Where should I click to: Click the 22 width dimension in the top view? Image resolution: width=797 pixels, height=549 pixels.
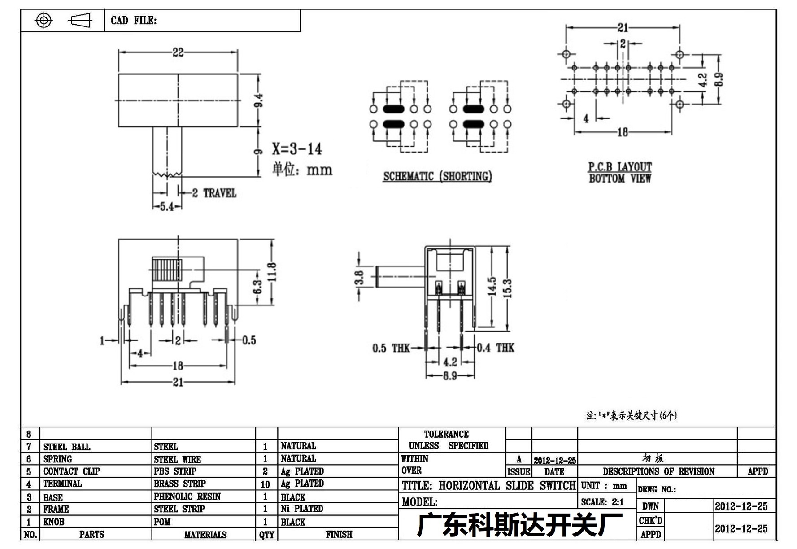pyautogui.click(x=178, y=52)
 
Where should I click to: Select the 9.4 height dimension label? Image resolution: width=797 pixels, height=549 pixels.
pyautogui.click(x=259, y=100)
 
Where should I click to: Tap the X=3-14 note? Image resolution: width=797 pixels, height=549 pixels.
pyautogui.click(x=297, y=148)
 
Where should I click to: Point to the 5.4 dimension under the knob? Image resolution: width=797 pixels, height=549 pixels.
pyautogui.click(x=167, y=207)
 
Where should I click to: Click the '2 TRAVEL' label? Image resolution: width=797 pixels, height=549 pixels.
pyautogui.click(x=214, y=193)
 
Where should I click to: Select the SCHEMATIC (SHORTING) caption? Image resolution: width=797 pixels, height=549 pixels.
pyautogui.click(x=437, y=176)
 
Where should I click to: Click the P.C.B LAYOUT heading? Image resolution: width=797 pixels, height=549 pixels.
pyautogui.click(x=620, y=167)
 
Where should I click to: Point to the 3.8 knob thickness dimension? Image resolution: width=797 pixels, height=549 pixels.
pyautogui.click(x=359, y=278)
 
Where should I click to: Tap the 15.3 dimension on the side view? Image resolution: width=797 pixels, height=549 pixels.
pyautogui.click(x=507, y=288)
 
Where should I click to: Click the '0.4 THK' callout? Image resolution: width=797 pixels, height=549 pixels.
pyautogui.click(x=496, y=348)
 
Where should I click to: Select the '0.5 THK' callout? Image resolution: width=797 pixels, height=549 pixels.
pyautogui.click(x=391, y=348)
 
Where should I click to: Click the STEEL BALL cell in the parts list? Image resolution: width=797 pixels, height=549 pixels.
pyautogui.click(x=66, y=447)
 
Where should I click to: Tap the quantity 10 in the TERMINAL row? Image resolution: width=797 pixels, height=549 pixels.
pyautogui.click(x=265, y=484)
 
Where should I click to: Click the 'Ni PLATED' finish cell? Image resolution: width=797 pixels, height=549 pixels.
pyautogui.click(x=302, y=509)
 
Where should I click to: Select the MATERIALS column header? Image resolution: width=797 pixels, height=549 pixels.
pyautogui.click(x=205, y=535)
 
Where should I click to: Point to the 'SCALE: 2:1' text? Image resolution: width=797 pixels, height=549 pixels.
pyautogui.click(x=602, y=502)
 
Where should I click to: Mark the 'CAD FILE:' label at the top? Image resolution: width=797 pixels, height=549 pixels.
pyautogui.click(x=134, y=21)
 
